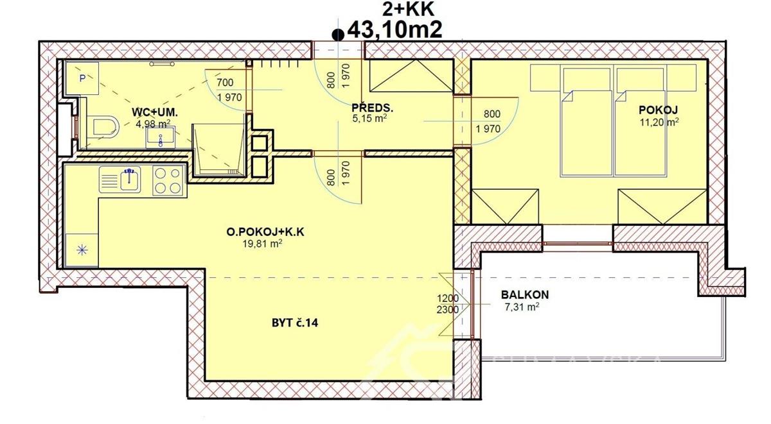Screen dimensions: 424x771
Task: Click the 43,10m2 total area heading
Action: (x=394, y=30)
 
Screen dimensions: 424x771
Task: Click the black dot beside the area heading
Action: (x=336, y=35)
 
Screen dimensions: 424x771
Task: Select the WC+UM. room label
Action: (x=154, y=112)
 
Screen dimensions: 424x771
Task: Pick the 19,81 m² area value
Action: (x=263, y=243)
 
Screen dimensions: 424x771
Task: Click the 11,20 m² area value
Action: (x=659, y=121)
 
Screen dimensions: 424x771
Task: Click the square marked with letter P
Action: (x=82, y=78)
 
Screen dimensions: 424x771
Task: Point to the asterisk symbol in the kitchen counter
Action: (x=82, y=250)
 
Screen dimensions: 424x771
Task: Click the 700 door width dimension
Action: (x=225, y=82)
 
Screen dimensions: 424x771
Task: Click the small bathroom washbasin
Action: (x=157, y=137)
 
